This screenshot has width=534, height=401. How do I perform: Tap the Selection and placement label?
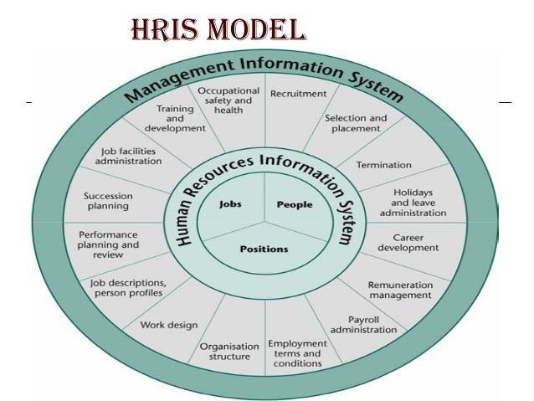356,124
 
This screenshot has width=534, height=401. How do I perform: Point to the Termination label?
384,165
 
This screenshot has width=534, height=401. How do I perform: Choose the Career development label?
408,242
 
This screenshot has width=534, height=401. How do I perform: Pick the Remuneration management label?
400,290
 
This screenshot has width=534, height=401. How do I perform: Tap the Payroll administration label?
363,325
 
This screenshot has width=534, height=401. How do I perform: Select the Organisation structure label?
224,352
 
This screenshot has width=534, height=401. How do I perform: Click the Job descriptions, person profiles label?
129,287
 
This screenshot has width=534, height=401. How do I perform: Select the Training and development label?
176,119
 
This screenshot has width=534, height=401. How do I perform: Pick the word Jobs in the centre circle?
230,204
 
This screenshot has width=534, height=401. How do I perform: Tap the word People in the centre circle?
294,204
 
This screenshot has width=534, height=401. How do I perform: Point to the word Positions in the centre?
264,249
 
